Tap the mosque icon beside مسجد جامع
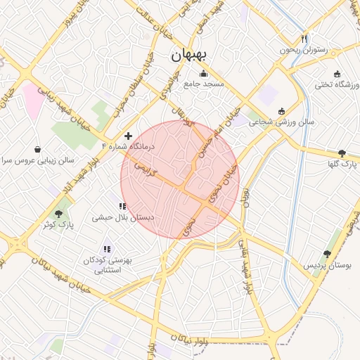coord(204,73)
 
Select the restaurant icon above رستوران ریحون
coord(304,39)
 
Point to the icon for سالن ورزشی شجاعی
coord(282,111)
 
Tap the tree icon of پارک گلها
coord(342,153)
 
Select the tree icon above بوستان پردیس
coord(327,254)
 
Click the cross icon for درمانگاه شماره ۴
coord(128,135)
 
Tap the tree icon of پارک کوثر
coord(58,214)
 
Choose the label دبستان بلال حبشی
coord(123,218)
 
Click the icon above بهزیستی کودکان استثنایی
coord(107,249)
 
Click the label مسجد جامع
coord(204,84)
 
